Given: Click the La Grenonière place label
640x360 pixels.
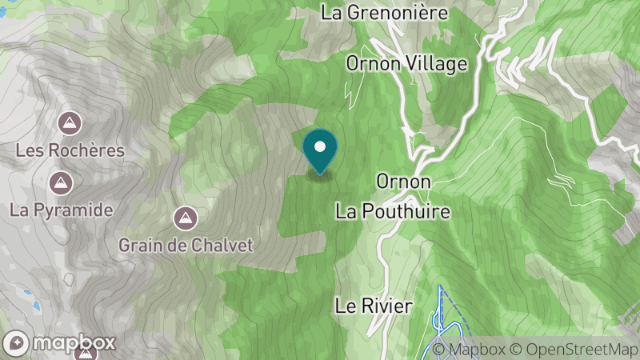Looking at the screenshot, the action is tap(383, 13).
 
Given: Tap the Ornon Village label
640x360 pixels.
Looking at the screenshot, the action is tap(406, 63).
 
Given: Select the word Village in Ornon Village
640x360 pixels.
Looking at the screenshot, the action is tap(438, 63).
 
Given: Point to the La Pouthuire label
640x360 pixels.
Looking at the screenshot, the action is tap(393, 211).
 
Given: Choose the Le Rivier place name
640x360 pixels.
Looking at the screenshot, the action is tap(373, 306).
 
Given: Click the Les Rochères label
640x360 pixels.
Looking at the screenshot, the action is tap(70, 150).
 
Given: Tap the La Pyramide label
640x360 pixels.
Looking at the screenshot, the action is tap(61, 210).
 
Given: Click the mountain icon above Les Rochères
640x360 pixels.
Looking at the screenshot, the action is tap(70, 124).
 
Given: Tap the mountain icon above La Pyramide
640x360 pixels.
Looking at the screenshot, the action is tap(60, 183).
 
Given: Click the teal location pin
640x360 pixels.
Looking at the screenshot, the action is tap(320, 152).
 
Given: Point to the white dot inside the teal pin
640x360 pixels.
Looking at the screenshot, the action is tap(320, 146).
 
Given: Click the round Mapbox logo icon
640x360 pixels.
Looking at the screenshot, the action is tap(16, 342).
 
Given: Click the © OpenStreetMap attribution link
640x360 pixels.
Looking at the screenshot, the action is tap(574, 349).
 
